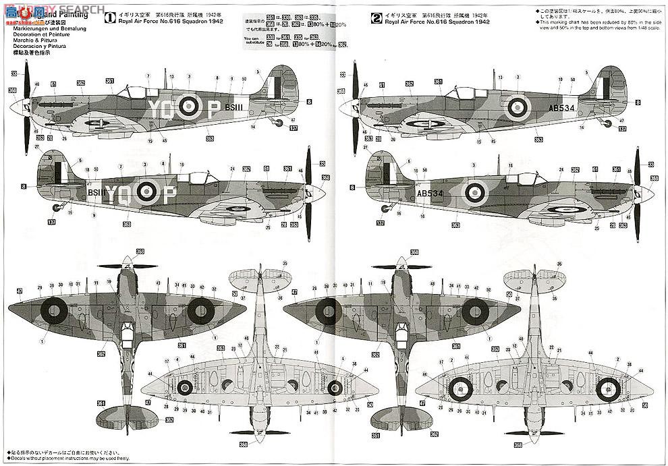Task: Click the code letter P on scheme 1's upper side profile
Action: click(211, 106)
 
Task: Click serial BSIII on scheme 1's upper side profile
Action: click(233, 106)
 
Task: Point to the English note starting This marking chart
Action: click(594, 23)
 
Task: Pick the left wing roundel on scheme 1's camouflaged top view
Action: click(52, 310)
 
